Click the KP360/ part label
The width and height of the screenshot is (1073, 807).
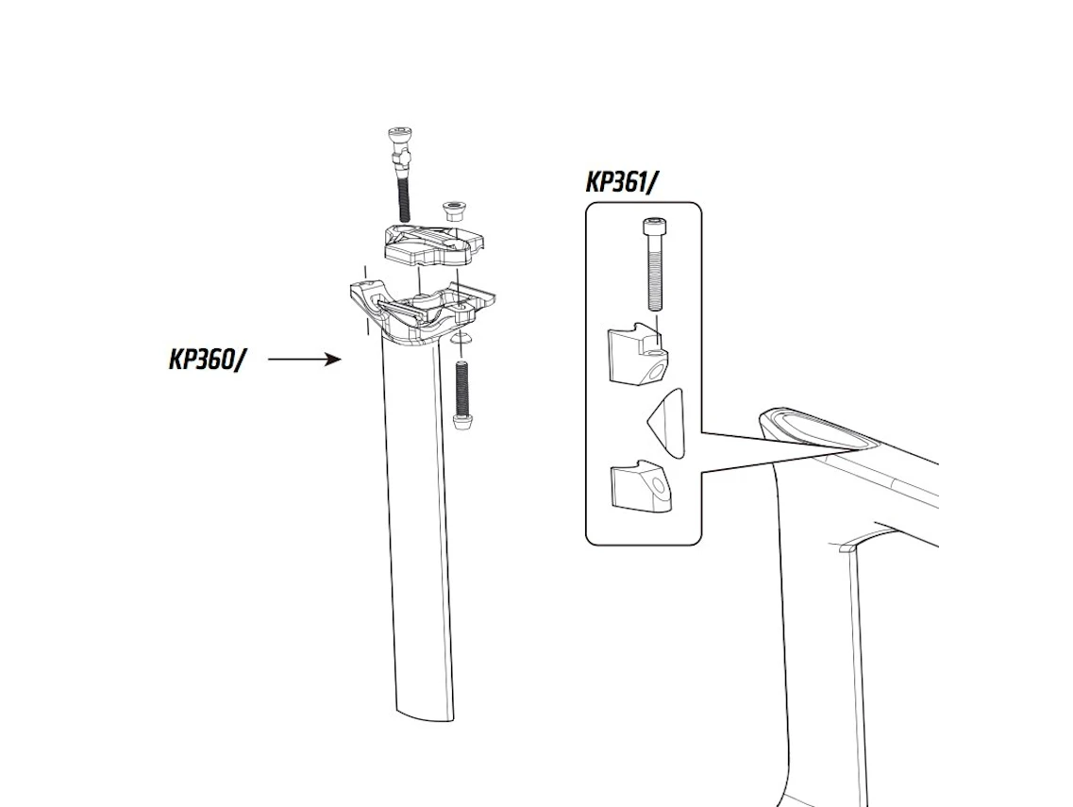click(x=206, y=360)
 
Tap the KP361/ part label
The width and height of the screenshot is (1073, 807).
click(x=622, y=182)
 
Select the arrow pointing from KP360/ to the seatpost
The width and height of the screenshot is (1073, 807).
click(x=305, y=359)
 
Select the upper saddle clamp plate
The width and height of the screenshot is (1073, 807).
click(x=433, y=245)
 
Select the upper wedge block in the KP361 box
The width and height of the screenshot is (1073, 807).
click(x=638, y=354)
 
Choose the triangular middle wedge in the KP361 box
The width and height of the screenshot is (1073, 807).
click(x=665, y=422)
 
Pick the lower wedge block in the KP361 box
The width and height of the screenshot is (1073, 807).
click(x=641, y=485)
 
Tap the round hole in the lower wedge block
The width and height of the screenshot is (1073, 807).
click(x=659, y=485)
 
